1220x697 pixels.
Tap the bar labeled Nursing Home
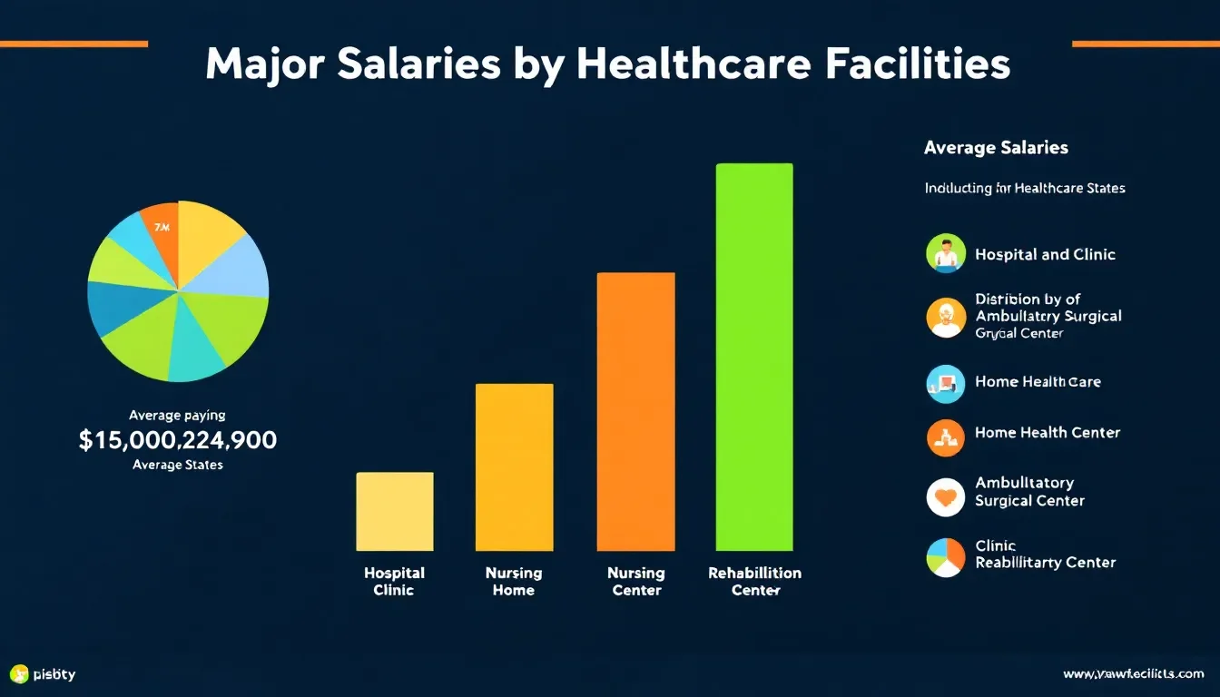(x=514, y=466)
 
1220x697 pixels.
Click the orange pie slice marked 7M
(x=161, y=231)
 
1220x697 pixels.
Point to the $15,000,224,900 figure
(x=178, y=441)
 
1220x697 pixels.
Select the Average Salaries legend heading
(x=996, y=147)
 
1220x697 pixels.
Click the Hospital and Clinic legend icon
(x=946, y=253)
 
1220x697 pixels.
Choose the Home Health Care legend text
(x=1038, y=382)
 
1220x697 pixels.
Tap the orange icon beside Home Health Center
(x=946, y=437)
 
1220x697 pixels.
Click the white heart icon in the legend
(x=946, y=497)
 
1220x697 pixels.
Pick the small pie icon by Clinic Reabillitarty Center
(x=946, y=557)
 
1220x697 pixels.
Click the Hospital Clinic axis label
(x=394, y=582)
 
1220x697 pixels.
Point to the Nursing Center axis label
(x=635, y=582)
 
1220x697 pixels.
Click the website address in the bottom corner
(x=1133, y=674)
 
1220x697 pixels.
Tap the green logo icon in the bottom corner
(x=19, y=674)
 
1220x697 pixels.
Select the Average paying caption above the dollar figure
(x=177, y=415)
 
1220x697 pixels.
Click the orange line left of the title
(x=74, y=44)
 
